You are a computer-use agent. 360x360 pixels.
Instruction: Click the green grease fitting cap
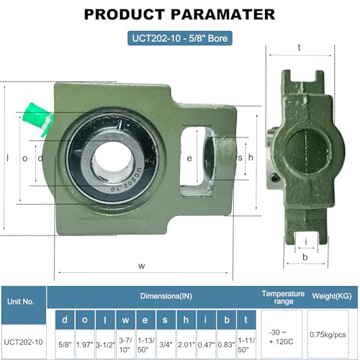[36, 118]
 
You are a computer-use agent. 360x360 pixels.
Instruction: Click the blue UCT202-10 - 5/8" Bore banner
[180, 38]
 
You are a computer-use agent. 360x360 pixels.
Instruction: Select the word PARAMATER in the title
[222, 14]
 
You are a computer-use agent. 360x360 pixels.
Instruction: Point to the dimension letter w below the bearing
[142, 266]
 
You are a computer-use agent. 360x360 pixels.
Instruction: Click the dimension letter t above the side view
[299, 48]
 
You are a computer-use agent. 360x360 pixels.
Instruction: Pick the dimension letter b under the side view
[305, 257]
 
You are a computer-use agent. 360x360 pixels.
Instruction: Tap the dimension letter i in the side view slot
[306, 242]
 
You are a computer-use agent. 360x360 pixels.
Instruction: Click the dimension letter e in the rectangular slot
[189, 158]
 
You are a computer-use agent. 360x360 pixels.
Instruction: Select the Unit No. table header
[21, 302]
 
